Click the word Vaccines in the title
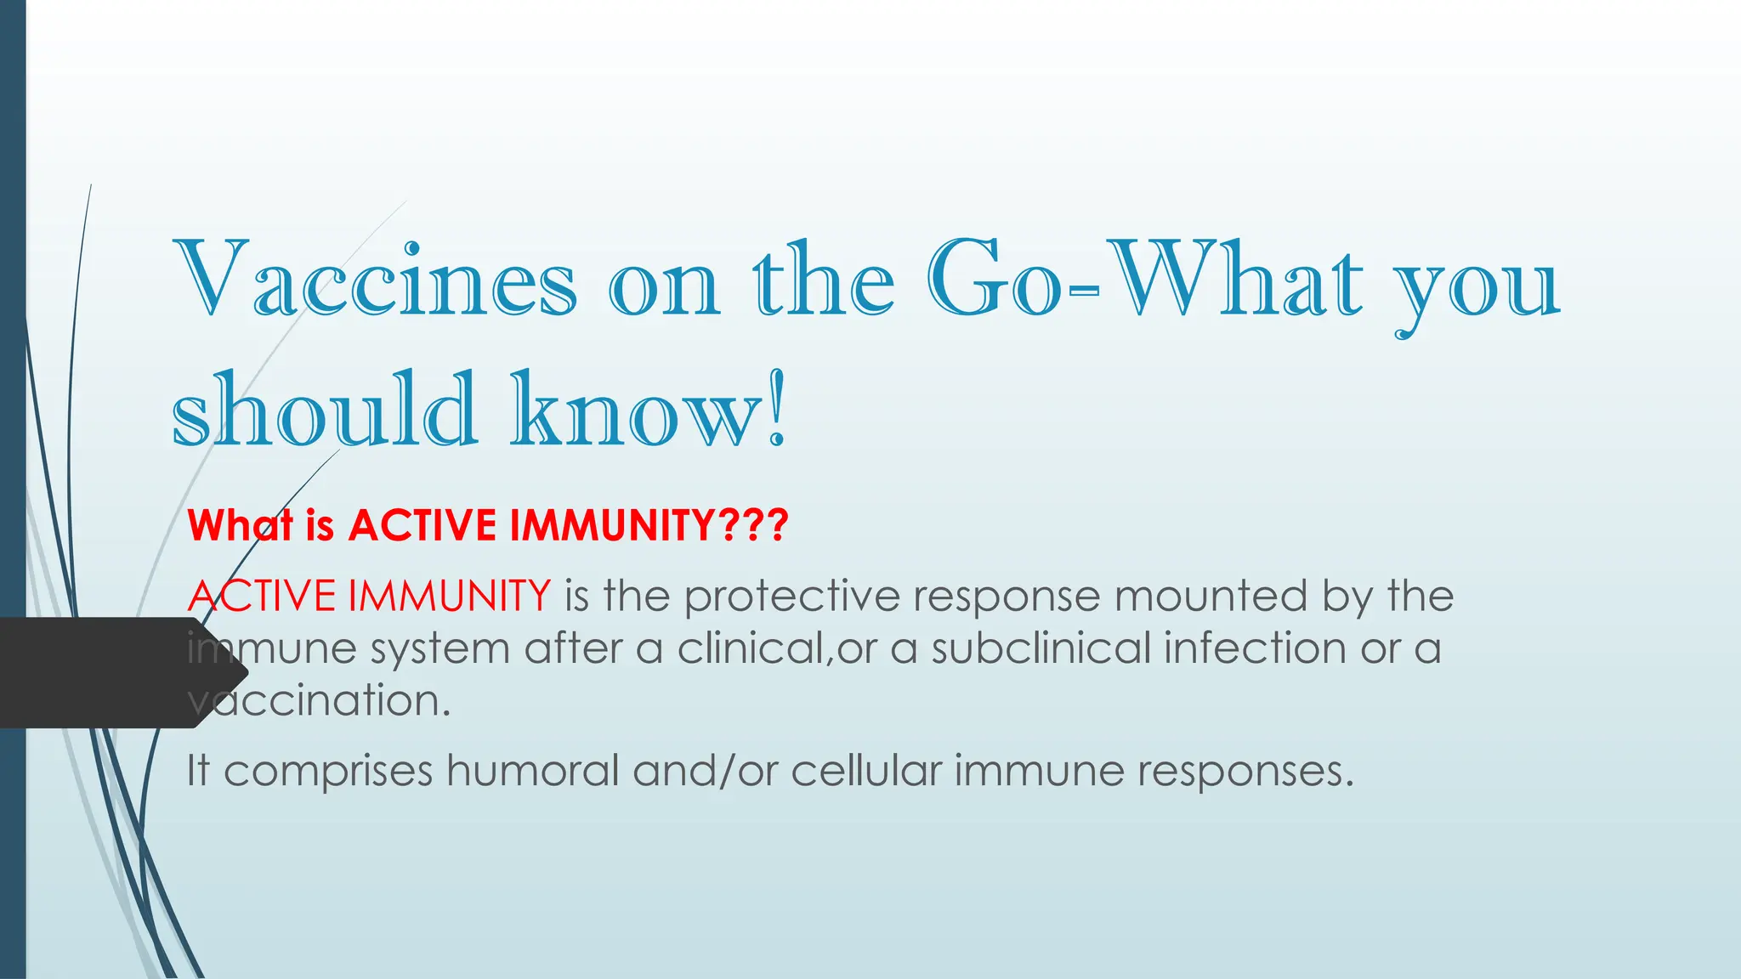[x=374, y=280]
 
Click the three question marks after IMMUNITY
[x=753, y=524]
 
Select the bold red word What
[x=240, y=524]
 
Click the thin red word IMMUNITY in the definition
[x=450, y=595]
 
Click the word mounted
[x=1211, y=595]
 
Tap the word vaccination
[x=318, y=700]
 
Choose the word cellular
[x=866, y=771]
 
